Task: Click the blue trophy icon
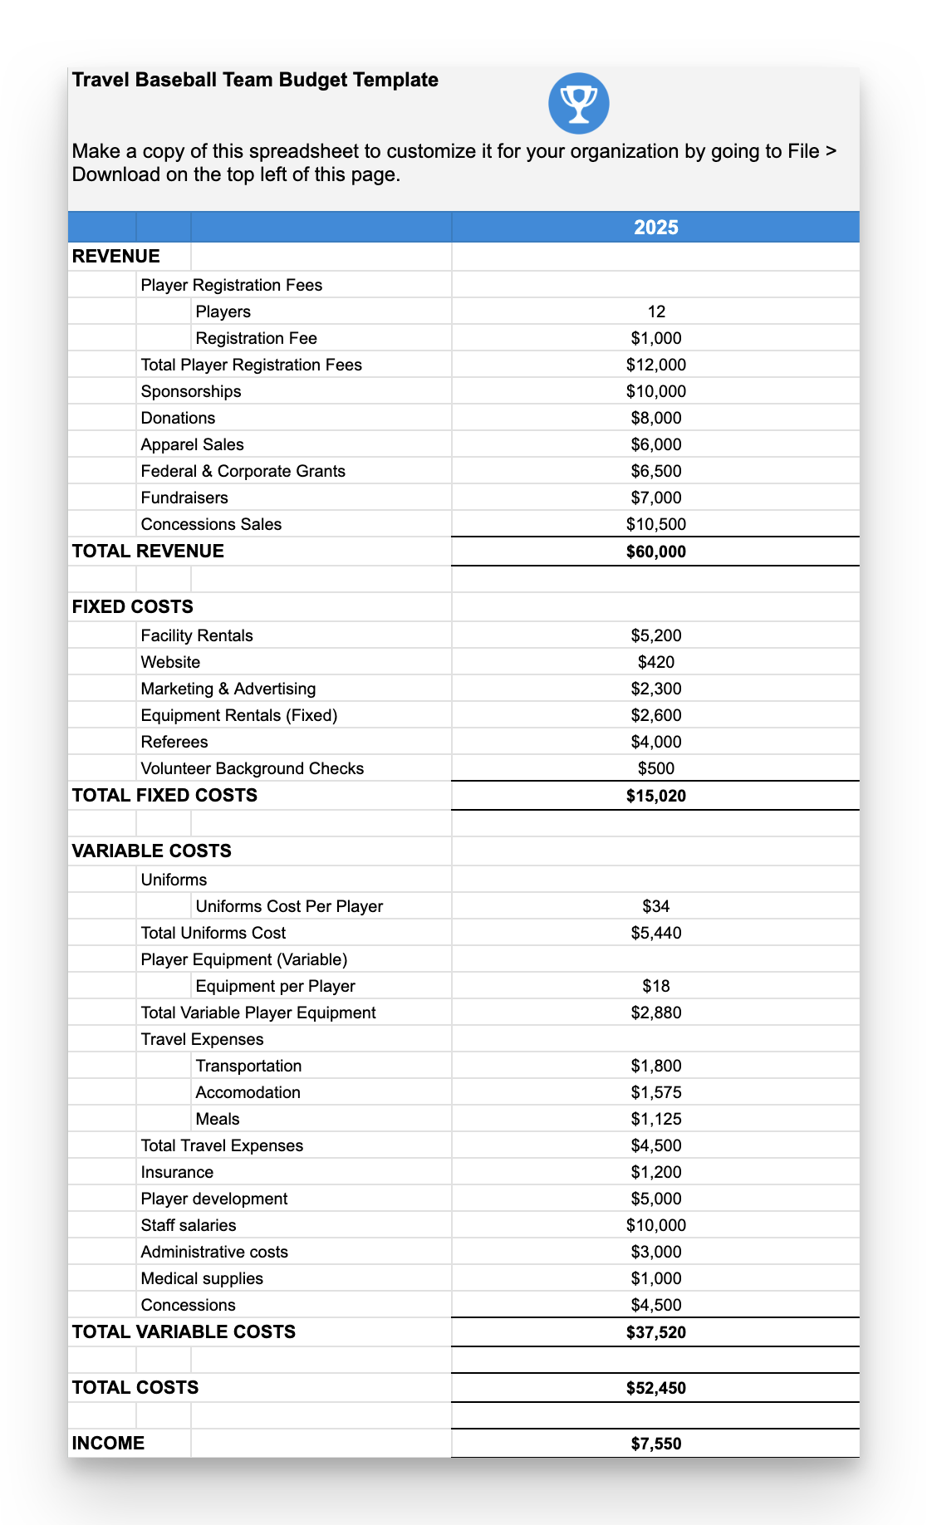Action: [x=579, y=104]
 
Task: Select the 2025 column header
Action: [x=655, y=228]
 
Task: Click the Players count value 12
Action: [x=656, y=311]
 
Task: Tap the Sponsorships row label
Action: [x=191, y=391]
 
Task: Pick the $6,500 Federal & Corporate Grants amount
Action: [x=656, y=471]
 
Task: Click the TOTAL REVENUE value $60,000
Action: [x=656, y=552]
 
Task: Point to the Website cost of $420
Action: [x=656, y=662]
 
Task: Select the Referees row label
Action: [x=174, y=742]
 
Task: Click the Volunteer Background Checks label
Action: [x=253, y=768]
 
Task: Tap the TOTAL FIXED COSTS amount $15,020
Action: [x=656, y=796]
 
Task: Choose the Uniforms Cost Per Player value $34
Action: [x=656, y=906]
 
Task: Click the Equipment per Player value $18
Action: [x=656, y=986]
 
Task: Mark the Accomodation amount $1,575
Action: [x=656, y=1092]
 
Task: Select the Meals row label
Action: [x=218, y=1119]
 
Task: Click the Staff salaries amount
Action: [x=656, y=1225]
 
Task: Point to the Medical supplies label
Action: [x=202, y=1278]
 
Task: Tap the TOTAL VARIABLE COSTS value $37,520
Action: [x=656, y=1332]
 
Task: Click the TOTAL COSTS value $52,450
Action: [x=656, y=1388]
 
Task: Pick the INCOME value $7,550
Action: [x=656, y=1444]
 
